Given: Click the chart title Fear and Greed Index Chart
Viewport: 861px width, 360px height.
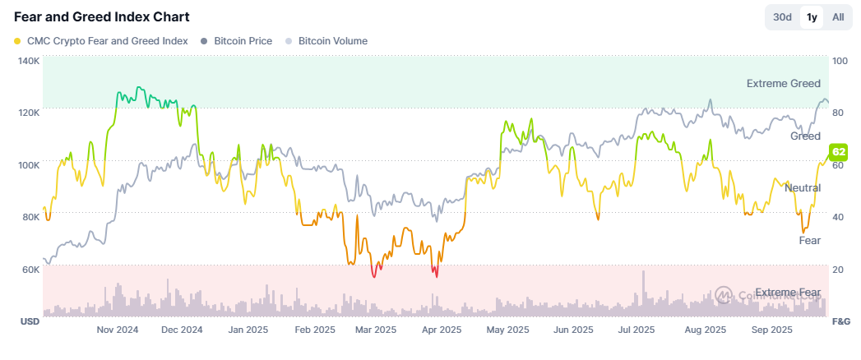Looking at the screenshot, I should point(102,17).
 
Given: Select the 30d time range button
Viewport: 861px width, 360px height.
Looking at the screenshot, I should point(781,17).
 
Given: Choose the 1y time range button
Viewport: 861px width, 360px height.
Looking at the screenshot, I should point(812,17).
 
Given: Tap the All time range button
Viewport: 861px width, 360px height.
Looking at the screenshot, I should point(838,17).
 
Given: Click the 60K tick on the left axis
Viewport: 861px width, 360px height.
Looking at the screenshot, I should point(30,270).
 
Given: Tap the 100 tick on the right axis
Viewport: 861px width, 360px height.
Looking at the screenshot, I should point(840,62).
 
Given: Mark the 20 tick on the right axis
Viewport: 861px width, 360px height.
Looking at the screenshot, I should point(838,270).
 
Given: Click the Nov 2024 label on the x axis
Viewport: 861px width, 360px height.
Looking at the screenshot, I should point(118,330).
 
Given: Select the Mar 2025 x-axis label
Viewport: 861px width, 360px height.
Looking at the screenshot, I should point(375,330).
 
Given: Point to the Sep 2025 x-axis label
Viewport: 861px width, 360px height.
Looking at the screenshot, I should point(771,330).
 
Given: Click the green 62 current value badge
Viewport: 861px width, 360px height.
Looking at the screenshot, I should point(839,152).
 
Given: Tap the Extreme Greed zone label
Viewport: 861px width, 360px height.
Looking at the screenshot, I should point(783,84).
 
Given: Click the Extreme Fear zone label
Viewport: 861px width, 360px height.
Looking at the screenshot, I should point(788,293).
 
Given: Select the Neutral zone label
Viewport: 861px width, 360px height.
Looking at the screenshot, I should point(803,188).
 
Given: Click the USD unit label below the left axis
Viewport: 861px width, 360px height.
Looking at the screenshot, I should point(30,321).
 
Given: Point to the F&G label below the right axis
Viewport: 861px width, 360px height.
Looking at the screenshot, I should point(841,321).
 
